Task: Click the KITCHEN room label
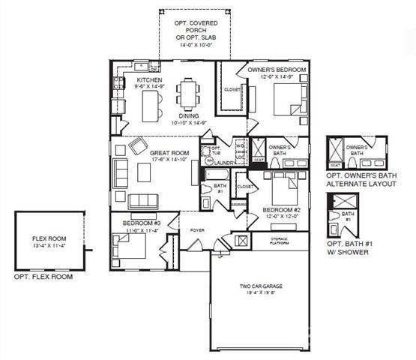click(x=148, y=79)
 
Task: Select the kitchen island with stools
click(x=154, y=104)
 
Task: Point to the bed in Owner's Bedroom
click(x=286, y=98)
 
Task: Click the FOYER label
click(x=197, y=230)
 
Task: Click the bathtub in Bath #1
click(x=217, y=174)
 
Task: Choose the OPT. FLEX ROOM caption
click(x=43, y=277)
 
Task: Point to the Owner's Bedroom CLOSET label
click(x=232, y=90)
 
